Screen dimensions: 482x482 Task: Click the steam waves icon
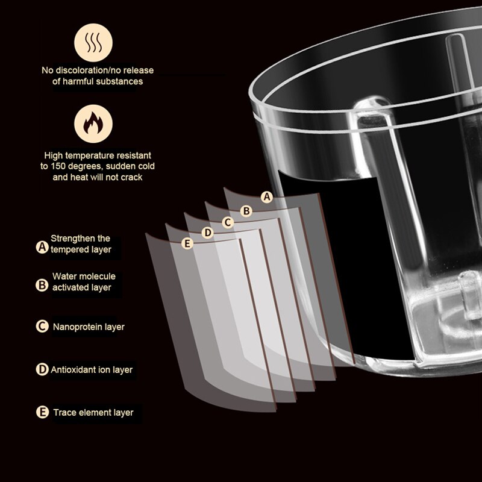pyautogui.click(x=93, y=43)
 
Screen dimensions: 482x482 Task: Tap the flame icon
pyautogui.click(x=93, y=124)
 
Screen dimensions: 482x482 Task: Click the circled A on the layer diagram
pyautogui.click(x=267, y=197)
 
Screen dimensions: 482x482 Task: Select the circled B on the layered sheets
pyautogui.click(x=246, y=211)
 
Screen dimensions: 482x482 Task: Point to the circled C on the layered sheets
pyautogui.click(x=228, y=222)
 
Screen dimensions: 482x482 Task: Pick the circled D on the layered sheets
pyautogui.click(x=208, y=233)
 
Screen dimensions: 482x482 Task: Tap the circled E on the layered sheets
pyautogui.click(x=187, y=243)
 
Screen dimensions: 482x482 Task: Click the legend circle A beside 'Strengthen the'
pyautogui.click(x=42, y=247)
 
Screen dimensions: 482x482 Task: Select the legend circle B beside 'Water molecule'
pyautogui.click(x=42, y=285)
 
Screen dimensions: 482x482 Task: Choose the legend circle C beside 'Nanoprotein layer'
pyautogui.click(x=42, y=326)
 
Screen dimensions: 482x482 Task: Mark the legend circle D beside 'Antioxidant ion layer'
pyautogui.click(x=42, y=369)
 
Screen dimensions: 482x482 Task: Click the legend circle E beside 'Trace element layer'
pyautogui.click(x=42, y=412)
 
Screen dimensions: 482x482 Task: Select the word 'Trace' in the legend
pyautogui.click(x=64, y=413)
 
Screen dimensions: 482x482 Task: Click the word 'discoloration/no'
pyautogui.click(x=81, y=70)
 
